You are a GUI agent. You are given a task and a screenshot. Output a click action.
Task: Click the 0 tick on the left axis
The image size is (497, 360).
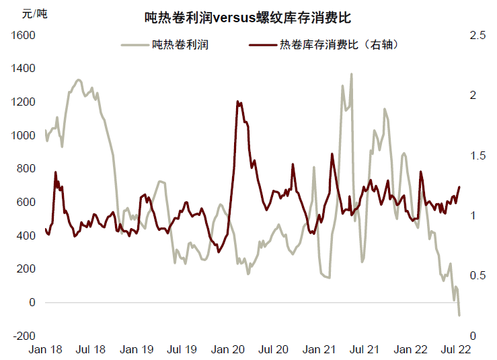[x=31, y=303]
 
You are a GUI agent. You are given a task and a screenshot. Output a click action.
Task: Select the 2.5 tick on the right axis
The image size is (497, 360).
[x=477, y=35]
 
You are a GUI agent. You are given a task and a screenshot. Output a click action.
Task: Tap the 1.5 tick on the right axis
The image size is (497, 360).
[x=477, y=155]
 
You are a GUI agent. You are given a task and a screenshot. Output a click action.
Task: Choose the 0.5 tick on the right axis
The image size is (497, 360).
[x=477, y=276]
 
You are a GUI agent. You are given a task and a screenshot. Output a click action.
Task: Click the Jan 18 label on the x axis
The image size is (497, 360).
[x=46, y=350]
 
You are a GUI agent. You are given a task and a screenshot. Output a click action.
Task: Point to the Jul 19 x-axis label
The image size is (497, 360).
[x=182, y=350]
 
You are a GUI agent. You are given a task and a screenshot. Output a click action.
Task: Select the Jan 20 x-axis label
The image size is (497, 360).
[x=228, y=350]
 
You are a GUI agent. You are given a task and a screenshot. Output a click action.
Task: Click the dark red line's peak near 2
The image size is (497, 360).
[x=238, y=102]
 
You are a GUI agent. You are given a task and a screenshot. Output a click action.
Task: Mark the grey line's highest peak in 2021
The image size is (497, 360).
[x=351, y=74]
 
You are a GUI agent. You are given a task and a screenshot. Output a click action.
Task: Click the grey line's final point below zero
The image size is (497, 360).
[x=459, y=315]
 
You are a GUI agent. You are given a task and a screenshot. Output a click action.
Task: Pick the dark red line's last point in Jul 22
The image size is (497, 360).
[x=459, y=187]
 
